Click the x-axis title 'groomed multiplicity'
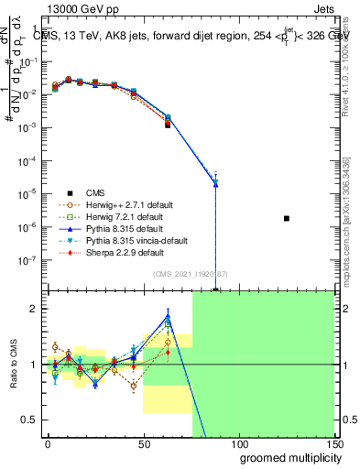(x=286, y=456)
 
